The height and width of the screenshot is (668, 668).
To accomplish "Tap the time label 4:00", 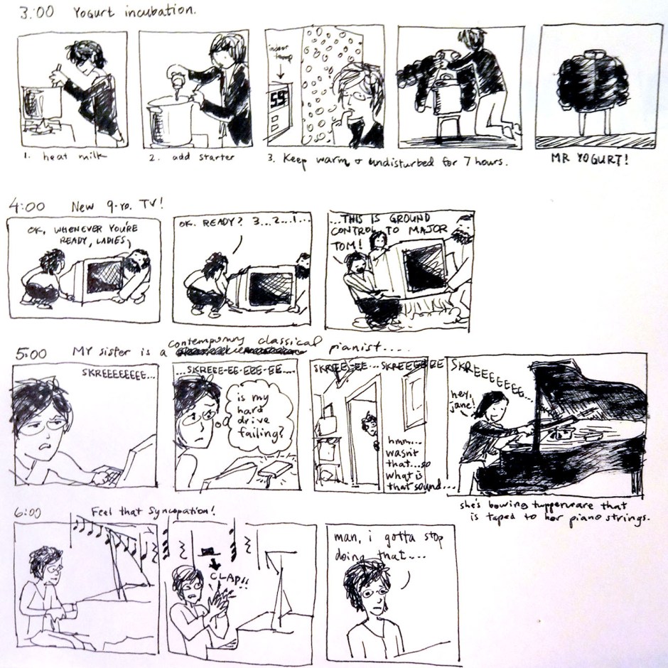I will tap(27, 207).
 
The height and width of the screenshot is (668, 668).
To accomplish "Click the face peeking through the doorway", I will tap(368, 426).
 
